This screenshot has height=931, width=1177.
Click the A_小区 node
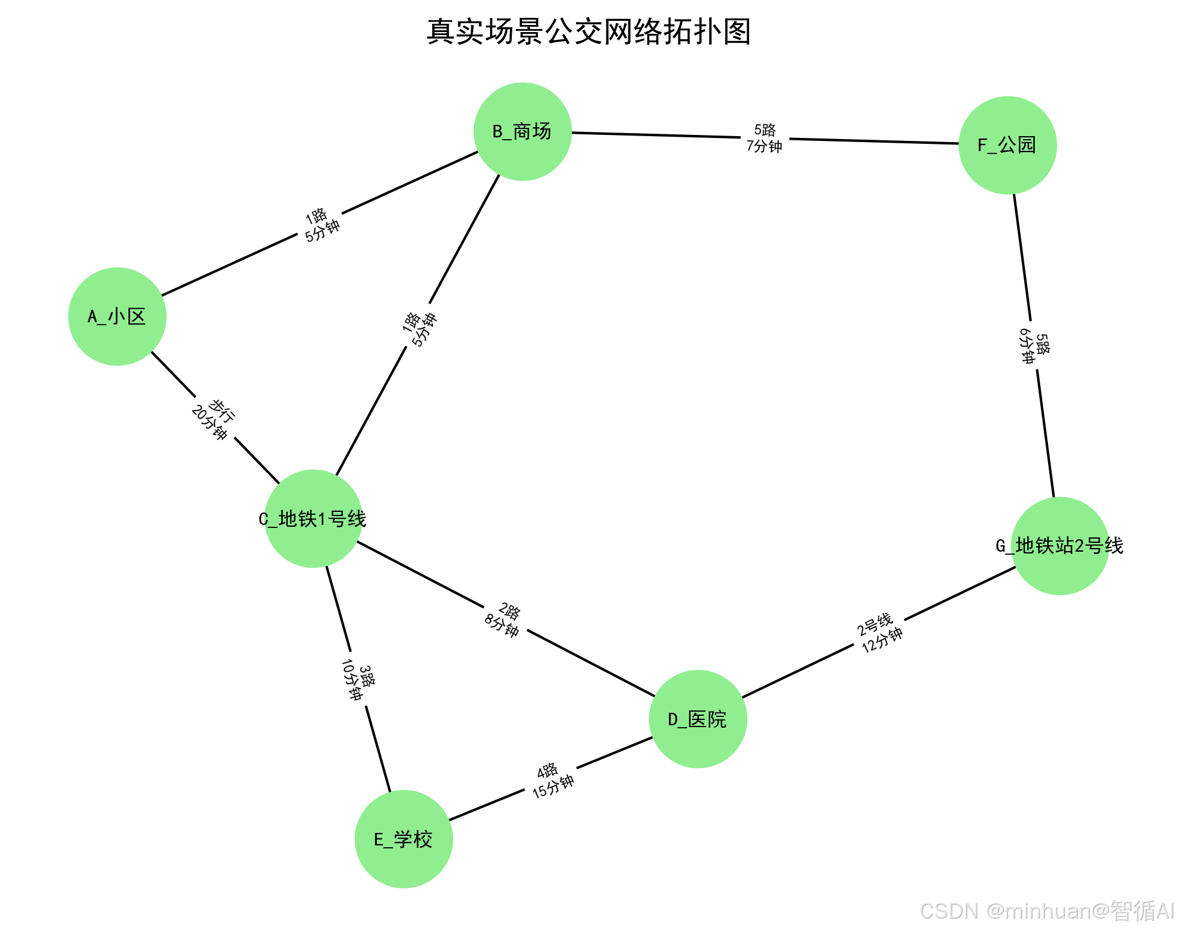tap(117, 316)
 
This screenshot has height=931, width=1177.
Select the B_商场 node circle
tap(523, 131)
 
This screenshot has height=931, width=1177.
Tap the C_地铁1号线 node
tap(313, 518)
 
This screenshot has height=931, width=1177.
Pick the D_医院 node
tap(698, 719)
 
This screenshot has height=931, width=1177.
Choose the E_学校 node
tap(404, 839)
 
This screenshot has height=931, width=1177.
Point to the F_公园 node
tap(1008, 145)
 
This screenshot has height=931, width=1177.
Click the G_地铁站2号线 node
tap(1060, 546)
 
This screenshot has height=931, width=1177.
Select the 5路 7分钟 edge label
tap(764, 138)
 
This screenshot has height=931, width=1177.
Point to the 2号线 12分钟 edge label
tap(879, 633)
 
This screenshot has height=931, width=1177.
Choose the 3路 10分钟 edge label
tap(358, 680)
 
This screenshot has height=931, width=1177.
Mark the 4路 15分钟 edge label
tap(551, 780)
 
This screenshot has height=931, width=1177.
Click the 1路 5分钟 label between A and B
tap(320, 225)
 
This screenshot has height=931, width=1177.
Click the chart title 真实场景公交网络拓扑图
tap(588, 32)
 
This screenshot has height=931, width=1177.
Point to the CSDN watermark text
tap(1046, 911)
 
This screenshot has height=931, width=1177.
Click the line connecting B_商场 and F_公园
tap(654, 135)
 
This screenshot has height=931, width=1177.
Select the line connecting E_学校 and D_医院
tap(612, 754)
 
